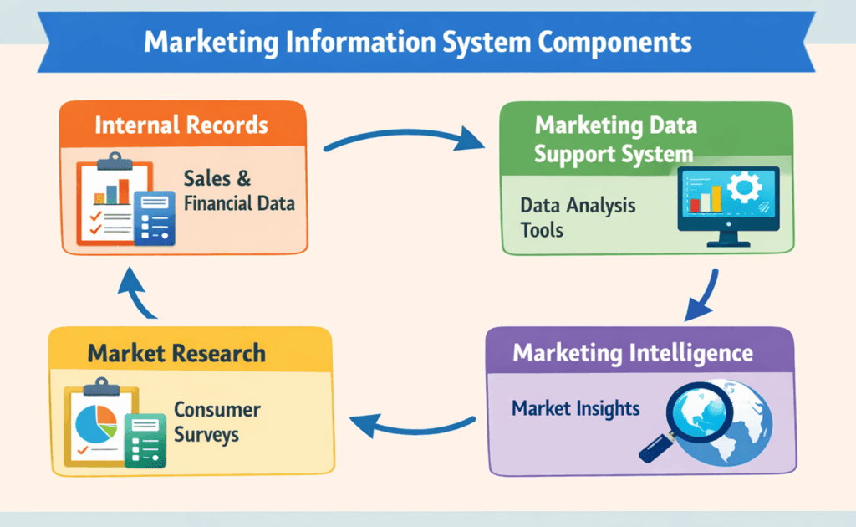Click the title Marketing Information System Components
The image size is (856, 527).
point(418,43)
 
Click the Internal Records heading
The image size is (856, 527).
point(181,125)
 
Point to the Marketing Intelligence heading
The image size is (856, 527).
point(632,352)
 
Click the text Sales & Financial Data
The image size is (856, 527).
point(239,191)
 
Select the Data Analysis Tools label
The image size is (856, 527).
point(577,217)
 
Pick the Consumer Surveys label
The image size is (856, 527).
point(217,422)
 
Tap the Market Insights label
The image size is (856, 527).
point(575,409)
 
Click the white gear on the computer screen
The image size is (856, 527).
point(741,188)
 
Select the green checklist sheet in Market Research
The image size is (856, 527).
point(145,439)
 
